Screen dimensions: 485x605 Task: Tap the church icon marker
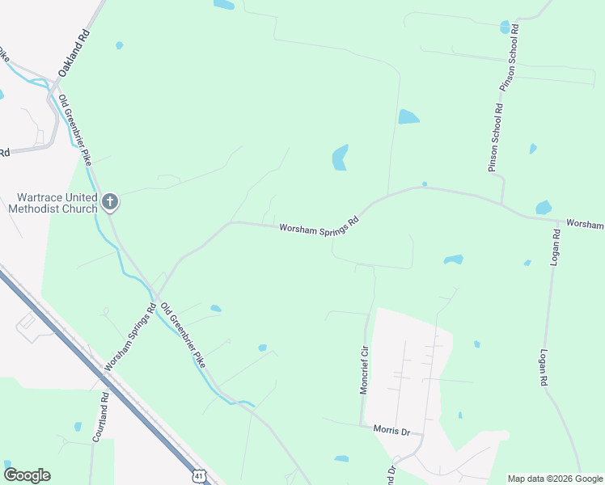pos(110,201)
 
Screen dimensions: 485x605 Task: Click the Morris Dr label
pos(391,430)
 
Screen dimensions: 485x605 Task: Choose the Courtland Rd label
pos(100,417)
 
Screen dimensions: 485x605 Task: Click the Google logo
pos(27,475)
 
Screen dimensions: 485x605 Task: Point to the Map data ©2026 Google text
pos(555,479)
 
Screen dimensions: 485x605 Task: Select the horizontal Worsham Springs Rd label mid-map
pos(319,224)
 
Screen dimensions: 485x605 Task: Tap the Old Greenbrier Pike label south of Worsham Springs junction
pos(183,335)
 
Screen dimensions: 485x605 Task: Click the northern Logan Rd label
pos(556,244)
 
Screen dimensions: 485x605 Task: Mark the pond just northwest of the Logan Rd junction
pos(544,207)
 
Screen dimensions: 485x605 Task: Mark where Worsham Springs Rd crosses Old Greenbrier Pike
pos(156,297)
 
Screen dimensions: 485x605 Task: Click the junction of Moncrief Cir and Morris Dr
pos(362,425)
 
